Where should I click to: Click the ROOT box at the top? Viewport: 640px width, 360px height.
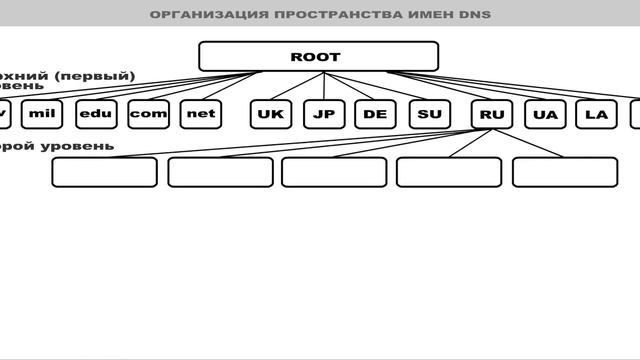coord(318,57)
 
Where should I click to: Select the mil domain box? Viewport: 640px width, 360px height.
coord(41,114)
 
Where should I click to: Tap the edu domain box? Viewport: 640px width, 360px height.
coord(96,114)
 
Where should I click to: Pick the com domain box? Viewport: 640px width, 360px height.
coord(148,114)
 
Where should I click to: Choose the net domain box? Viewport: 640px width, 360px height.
coord(201,114)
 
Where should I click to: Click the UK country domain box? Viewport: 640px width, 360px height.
coord(271,114)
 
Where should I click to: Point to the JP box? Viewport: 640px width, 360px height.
coord(323,114)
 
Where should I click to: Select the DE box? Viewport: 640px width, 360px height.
coord(375,114)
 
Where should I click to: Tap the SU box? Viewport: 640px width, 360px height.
coord(429,114)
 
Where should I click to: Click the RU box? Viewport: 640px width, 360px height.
coord(492,114)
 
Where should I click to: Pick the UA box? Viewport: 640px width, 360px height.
coord(545,114)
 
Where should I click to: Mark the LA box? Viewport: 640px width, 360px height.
coord(596,114)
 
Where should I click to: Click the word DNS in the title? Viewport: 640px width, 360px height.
coord(475,15)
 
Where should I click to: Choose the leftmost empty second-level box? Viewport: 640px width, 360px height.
coord(104,172)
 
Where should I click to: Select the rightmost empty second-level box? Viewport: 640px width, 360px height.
coord(565,172)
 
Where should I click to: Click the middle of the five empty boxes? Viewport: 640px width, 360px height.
coord(334,172)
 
